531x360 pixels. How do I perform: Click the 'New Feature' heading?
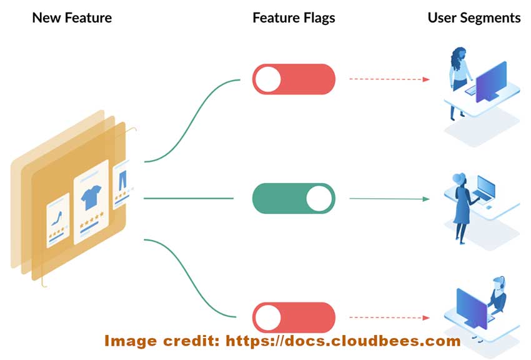[72, 17]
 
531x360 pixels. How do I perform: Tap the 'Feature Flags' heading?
[294, 17]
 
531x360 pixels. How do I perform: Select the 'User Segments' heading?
[474, 17]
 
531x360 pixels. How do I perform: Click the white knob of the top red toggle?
[269, 79]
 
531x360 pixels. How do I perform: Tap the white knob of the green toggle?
[319, 199]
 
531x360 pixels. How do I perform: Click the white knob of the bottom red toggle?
[269, 317]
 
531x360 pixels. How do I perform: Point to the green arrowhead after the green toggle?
[426, 199]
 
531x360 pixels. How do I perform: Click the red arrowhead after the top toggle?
[426, 79]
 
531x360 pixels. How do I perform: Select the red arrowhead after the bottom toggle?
[426, 317]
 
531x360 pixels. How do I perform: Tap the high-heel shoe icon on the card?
[57, 218]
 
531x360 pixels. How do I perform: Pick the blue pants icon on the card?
[121, 181]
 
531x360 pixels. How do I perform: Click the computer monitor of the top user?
[491, 82]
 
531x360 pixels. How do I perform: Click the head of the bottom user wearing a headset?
[498, 284]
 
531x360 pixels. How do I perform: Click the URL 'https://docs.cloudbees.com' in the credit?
[343, 341]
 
